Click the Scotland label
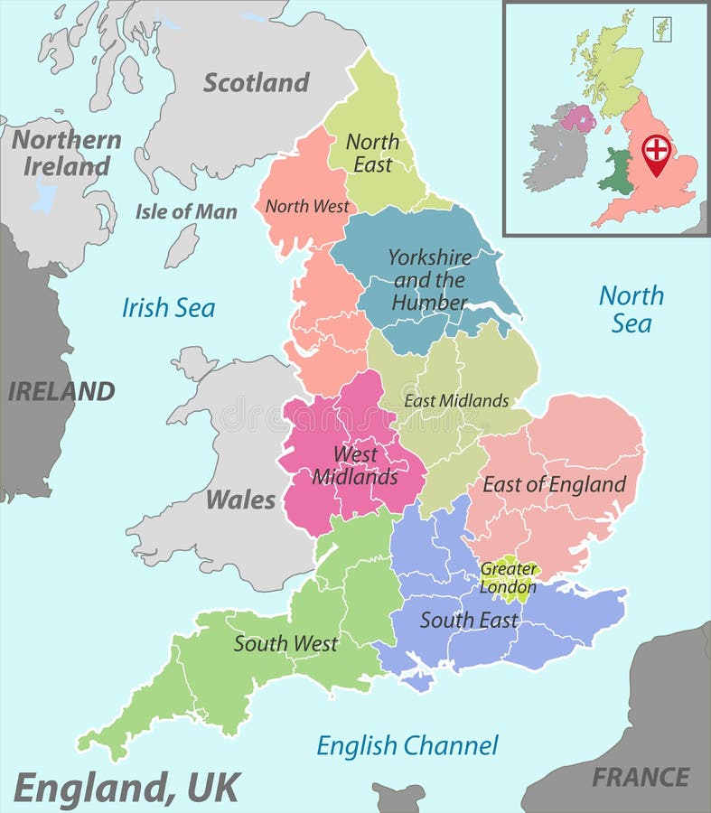tap(256, 82)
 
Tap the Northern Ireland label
tap(66, 153)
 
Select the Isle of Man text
tap(186, 212)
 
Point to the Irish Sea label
tap(169, 308)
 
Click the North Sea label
tap(631, 309)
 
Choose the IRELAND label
tap(61, 391)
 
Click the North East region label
tap(372, 153)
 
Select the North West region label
tap(307, 206)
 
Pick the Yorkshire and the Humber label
tap(430, 279)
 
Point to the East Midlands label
tap(456, 400)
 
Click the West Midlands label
tap(355, 465)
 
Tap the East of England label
tap(554, 484)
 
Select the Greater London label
tap(509, 577)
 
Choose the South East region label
tap(469, 620)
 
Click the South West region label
tap(285, 644)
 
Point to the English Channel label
tap(407, 745)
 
